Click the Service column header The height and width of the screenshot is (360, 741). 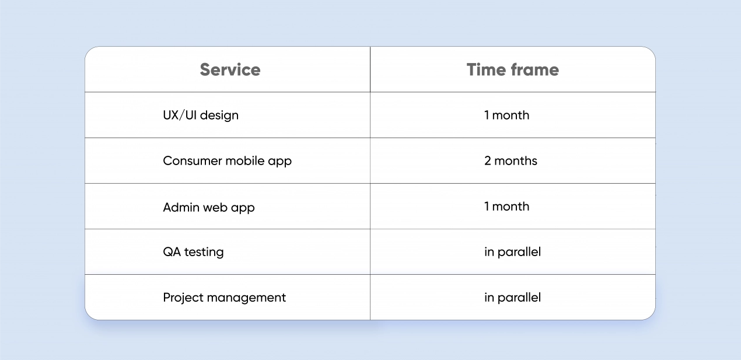click(230, 69)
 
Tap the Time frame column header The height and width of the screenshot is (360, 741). click(513, 69)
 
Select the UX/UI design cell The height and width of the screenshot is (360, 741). click(201, 115)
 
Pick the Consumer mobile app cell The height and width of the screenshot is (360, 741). click(228, 161)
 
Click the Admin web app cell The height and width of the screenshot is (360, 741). click(209, 208)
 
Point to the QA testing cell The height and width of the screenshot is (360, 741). click(193, 252)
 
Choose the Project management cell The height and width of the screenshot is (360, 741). click(224, 298)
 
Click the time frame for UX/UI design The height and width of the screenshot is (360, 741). click(507, 115)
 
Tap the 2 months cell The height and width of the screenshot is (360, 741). click(511, 161)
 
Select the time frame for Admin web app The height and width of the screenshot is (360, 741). click(507, 207)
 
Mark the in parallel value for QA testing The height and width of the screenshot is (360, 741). click(512, 252)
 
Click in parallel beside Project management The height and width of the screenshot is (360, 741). click(512, 298)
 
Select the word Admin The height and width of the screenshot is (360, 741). click(181, 207)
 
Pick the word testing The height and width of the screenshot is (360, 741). click(204, 253)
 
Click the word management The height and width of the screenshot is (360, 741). click(246, 298)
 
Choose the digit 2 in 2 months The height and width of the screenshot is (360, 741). click(488, 161)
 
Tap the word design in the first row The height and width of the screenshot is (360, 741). click(219, 116)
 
